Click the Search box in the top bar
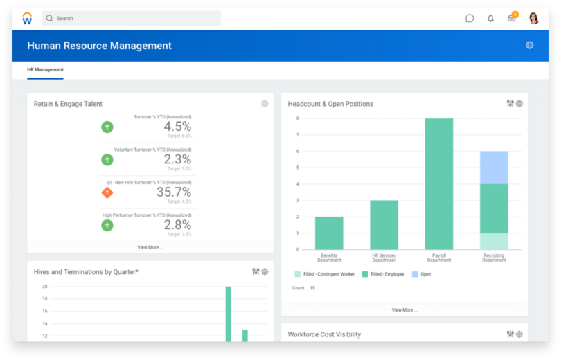[x=132, y=18]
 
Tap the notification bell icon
[x=490, y=18]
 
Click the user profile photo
[x=533, y=18]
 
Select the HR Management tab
[x=45, y=70]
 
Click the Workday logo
[x=27, y=19]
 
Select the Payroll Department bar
[x=439, y=183]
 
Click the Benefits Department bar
[x=329, y=233]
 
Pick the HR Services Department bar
[x=384, y=224]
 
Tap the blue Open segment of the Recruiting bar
[x=494, y=167]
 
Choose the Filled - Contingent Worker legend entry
[x=325, y=274]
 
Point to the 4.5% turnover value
[x=177, y=127]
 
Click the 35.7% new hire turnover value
[x=174, y=192]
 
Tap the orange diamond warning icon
[x=107, y=192]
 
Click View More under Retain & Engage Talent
[x=150, y=247]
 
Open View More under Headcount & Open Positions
[x=404, y=310]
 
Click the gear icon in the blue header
[x=529, y=45]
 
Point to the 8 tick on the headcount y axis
[x=297, y=118]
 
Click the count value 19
[x=312, y=288]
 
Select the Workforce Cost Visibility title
[x=324, y=334]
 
